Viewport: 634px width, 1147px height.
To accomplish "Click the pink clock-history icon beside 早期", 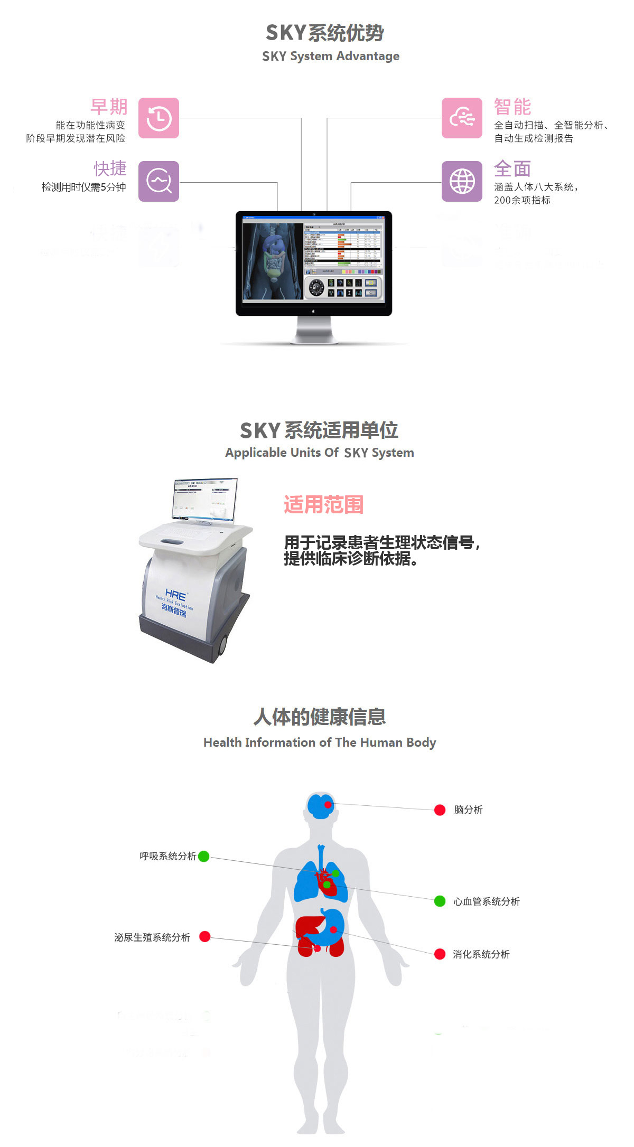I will pyautogui.click(x=158, y=118).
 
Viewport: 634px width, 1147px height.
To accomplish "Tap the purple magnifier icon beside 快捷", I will pyautogui.click(x=158, y=181).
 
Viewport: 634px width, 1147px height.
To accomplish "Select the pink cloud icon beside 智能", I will pyautogui.click(x=462, y=118).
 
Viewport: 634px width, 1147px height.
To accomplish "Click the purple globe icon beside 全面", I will pyautogui.click(x=462, y=181).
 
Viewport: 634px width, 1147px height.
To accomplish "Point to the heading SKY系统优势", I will pyautogui.click(x=324, y=33).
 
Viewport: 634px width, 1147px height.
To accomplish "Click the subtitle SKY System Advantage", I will pyautogui.click(x=331, y=56).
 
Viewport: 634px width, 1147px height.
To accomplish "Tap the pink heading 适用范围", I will pyautogui.click(x=323, y=504).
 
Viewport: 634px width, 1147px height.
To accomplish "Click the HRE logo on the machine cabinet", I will pyautogui.click(x=175, y=594).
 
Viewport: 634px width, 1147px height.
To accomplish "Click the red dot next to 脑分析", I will pyautogui.click(x=440, y=810).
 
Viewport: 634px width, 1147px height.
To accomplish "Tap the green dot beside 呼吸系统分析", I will pyautogui.click(x=203, y=856).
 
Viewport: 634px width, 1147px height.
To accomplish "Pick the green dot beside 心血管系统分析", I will pyautogui.click(x=440, y=901).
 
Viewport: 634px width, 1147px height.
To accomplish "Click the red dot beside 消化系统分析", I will pyautogui.click(x=440, y=954).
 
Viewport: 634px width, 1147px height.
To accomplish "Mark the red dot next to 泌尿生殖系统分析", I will pyautogui.click(x=205, y=937).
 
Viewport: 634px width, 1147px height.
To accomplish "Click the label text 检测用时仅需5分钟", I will pyautogui.click(x=83, y=187).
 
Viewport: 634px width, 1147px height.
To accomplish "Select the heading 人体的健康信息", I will pyautogui.click(x=320, y=717).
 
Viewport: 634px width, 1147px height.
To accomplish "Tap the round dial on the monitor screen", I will pyautogui.click(x=316, y=287).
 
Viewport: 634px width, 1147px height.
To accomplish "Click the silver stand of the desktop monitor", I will pyautogui.click(x=314, y=330).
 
